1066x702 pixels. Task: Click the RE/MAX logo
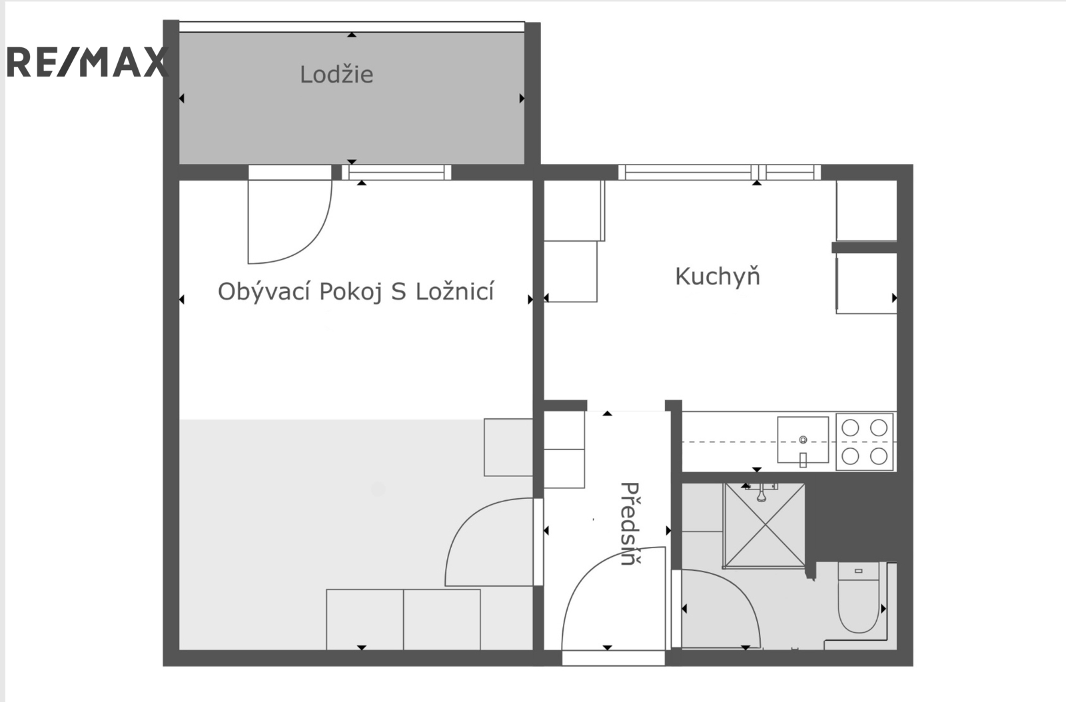[87, 62]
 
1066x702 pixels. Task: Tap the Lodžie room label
[336, 75]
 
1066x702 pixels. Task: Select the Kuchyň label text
[718, 277]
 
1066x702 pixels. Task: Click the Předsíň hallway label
[630, 524]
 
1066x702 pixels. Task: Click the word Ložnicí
[455, 291]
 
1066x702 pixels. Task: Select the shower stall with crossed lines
[764, 526]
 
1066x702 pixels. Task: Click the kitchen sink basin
[803, 440]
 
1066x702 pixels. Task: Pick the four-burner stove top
[864, 442]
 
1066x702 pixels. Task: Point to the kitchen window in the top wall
[720, 173]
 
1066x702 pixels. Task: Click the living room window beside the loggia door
[396, 173]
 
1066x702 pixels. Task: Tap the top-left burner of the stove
[850, 428]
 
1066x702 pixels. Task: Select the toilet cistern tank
[859, 571]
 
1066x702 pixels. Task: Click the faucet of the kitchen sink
[803, 460]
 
